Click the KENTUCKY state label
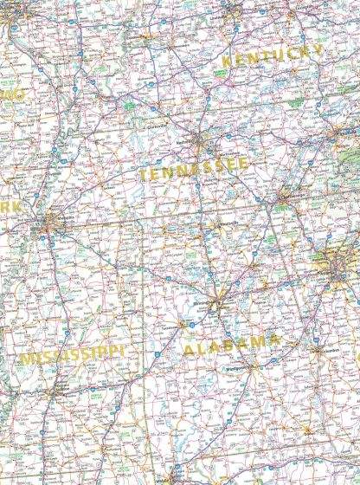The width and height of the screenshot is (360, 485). [x=272, y=57]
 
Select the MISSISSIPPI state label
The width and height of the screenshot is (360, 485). [x=72, y=357]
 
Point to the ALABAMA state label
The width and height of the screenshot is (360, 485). [x=231, y=346]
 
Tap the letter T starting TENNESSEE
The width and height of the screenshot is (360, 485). [x=143, y=176]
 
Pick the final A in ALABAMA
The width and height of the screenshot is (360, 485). [x=275, y=340]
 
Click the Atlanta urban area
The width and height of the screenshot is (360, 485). [x=337, y=264]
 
